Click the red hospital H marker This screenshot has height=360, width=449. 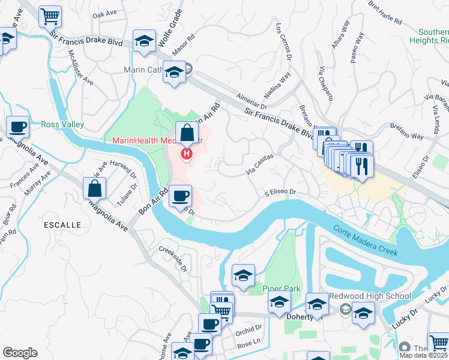(x=187, y=154)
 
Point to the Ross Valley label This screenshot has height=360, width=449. (x=62, y=125)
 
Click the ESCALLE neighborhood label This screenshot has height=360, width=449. (x=62, y=224)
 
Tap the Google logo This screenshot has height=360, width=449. (x=20, y=353)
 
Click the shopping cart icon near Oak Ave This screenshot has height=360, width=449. (x=50, y=17)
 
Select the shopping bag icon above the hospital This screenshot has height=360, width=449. (x=187, y=133)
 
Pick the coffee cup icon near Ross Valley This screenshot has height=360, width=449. (x=18, y=127)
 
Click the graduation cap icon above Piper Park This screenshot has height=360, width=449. (x=243, y=276)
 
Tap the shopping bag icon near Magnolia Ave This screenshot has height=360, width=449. (x=95, y=188)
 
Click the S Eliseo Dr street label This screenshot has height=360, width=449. (x=282, y=193)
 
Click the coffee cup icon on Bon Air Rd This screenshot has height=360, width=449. (x=180, y=196)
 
